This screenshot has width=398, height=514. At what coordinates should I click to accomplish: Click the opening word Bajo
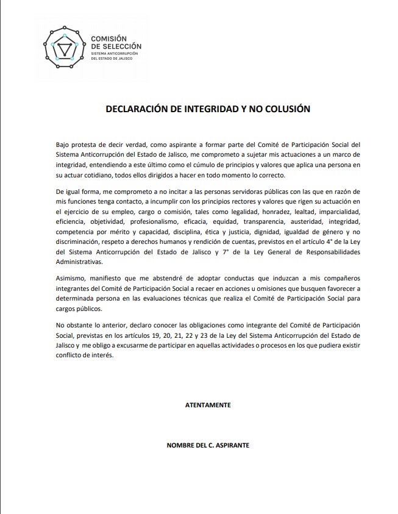(x=63, y=145)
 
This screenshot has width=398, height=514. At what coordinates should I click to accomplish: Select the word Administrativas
(x=79, y=262)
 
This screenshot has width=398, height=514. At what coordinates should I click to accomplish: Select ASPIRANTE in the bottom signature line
(x=229, y=445)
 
